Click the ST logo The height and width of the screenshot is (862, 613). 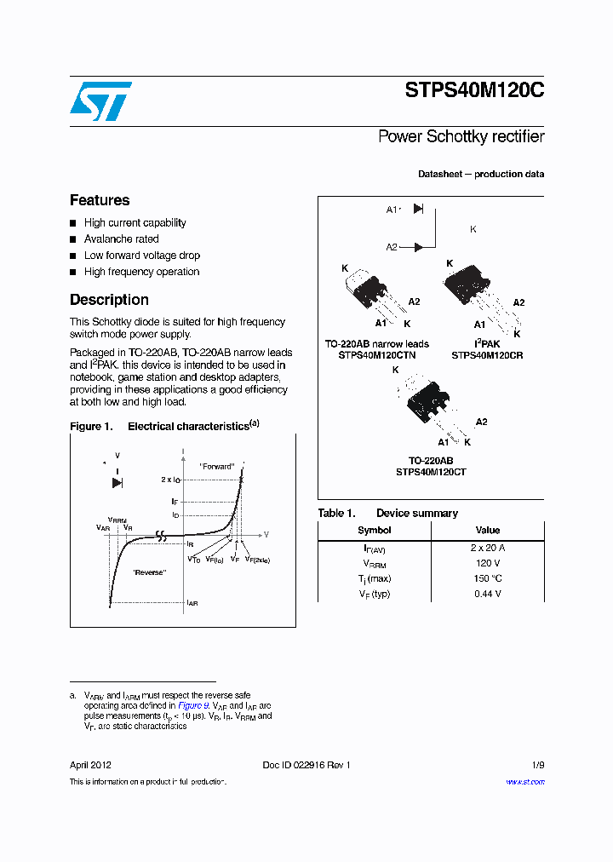pos(100,101)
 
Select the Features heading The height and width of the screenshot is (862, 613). pos(100,200)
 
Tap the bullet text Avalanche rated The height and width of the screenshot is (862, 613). pos(121,239)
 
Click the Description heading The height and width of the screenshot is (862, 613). pos(109,300)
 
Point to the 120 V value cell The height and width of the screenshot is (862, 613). pos(487,563)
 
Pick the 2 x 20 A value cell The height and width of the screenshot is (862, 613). pos(487,548)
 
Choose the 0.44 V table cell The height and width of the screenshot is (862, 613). pos(487,594)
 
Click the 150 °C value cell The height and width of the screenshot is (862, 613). pos(487,578)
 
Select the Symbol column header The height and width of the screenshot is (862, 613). pos(374,530)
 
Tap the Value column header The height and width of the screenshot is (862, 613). pos(487,530)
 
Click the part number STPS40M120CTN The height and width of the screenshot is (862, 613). pos(377,355)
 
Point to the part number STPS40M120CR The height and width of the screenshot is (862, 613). pos(487,355)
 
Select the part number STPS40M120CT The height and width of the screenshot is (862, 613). pos(431,472)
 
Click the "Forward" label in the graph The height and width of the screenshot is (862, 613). pos(216,467)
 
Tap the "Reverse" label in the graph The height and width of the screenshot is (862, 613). pos(149,572)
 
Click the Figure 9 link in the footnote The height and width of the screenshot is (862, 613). pos(192,706)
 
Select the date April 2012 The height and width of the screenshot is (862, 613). pos(90,765)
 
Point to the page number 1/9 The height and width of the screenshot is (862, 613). pos(537,765)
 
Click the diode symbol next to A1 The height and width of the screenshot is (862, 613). pos(418,209)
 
